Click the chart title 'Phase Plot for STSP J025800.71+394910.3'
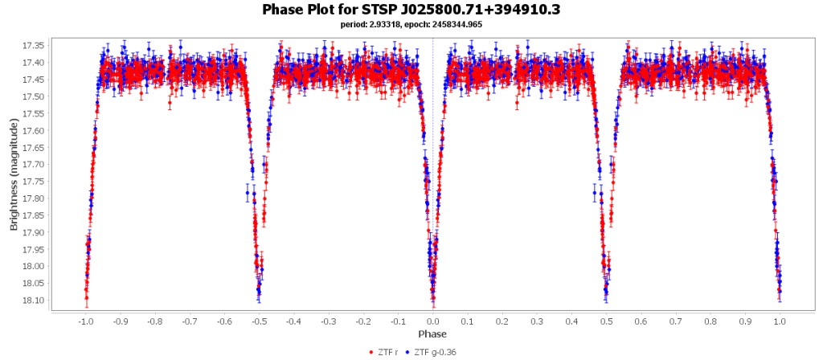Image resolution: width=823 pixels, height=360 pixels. pyautogui.click(x=411, y=10)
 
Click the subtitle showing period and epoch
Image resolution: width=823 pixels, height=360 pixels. pyautogui.click(x=411, y=25)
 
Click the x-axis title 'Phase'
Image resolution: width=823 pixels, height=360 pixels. pyautogui.click(x=432, y=333)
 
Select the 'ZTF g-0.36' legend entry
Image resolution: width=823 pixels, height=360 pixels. pyautogui.click(x=435, y=352)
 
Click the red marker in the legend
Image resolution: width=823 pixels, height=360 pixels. pyautogui.click(x=371, y=352)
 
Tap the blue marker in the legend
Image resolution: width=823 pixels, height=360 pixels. pyautogui.click(x=407, y=352)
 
